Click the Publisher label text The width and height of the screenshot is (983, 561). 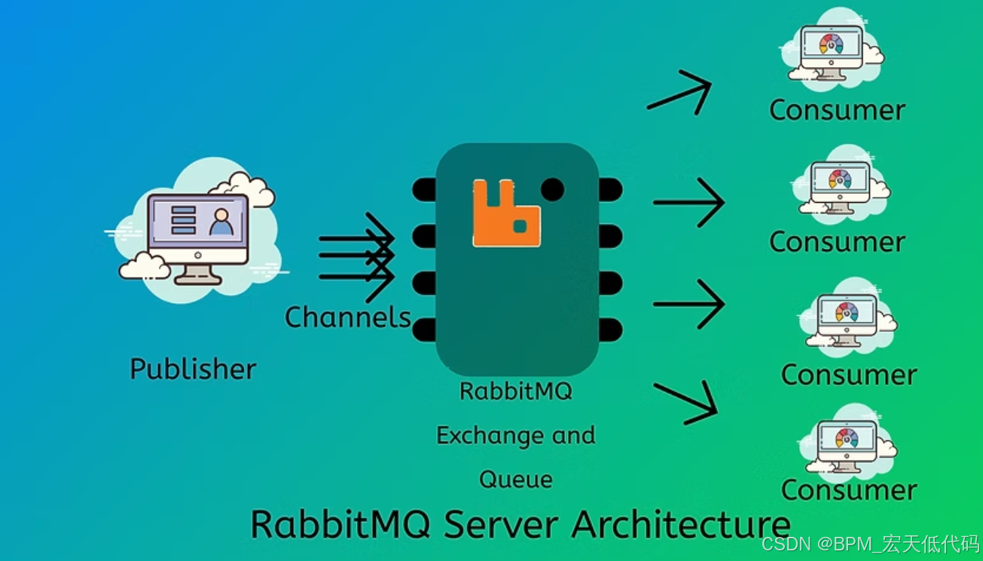tap(193, 369)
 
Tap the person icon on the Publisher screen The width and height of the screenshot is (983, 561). tap(221, 222)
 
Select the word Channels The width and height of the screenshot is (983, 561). tap(347, 317)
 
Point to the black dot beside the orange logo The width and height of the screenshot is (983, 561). tap(552, 189)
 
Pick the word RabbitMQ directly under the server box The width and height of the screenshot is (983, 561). tap(516, 391)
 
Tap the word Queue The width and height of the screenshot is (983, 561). tap(516, 479)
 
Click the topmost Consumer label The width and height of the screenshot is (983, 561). tap(837, 110)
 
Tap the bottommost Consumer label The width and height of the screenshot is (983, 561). tap(849, 490)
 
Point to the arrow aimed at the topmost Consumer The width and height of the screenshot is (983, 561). tap(680, 93)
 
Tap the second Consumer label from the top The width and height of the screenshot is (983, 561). tap(837, 242)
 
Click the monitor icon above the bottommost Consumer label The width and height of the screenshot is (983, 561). tap(847, 445)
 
